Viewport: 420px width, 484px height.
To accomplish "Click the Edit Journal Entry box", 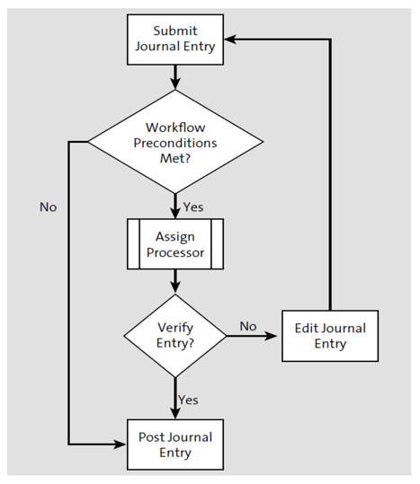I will point(331,336).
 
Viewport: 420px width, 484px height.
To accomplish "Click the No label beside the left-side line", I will point(48,207).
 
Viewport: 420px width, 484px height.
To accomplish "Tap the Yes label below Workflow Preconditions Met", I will point(193,207).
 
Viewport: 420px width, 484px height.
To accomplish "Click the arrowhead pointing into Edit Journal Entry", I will point(273,336).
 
